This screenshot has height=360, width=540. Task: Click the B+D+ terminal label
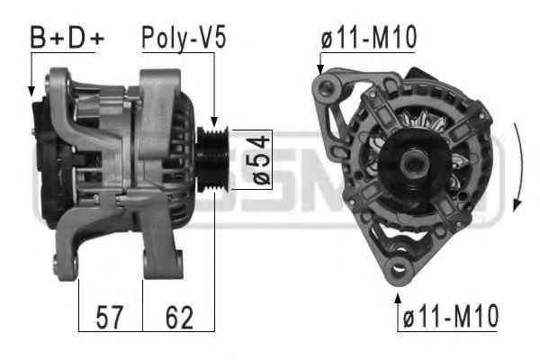[x=67, y=37]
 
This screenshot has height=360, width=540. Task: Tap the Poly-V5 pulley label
[x=184, y=38]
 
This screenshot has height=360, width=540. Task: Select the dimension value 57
[x=109, y=317]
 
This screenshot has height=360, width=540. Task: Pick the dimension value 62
[x=179, y=317]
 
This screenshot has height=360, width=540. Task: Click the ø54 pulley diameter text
[x=261, y=160]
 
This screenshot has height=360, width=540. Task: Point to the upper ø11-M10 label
[x=369, y=37]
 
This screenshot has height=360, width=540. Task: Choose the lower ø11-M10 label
[x=451, y=316]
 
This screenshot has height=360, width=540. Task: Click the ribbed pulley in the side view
[x=212, y=159]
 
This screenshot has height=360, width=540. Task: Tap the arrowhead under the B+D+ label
[x=31, y=91]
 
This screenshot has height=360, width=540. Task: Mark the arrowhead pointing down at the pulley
[x=214, y=121]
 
